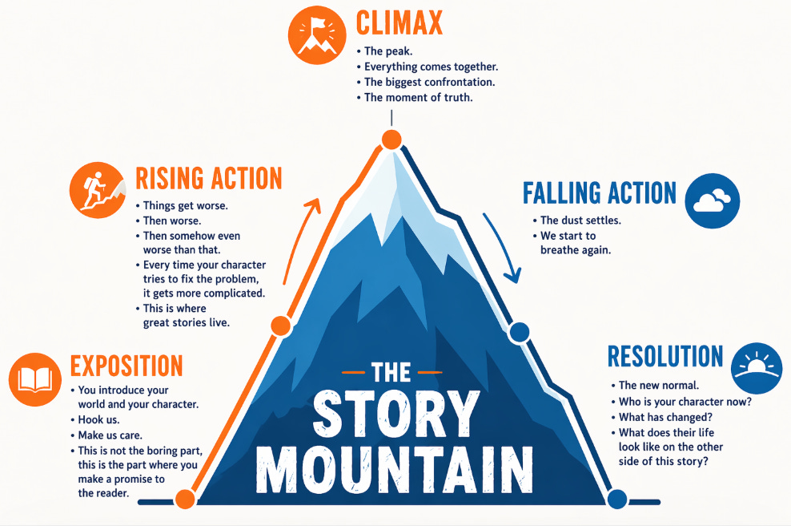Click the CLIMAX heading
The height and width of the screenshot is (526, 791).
(x=400, y=24)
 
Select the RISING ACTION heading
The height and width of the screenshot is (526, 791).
(x=208, y=178)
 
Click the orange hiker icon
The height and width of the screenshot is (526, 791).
(x=97, y=190)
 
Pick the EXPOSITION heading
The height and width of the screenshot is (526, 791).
(x=126, y=366)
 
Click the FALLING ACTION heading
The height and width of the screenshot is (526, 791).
(x=599, y=193)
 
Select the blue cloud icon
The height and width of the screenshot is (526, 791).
(x=713, y=200)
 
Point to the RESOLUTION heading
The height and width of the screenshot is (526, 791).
(x=665, y=357)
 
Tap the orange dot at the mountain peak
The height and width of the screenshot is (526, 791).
(x=391, y=140)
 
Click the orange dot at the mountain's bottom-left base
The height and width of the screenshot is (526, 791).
(x=184, y=499)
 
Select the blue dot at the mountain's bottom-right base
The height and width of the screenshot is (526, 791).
(x=616, y=499)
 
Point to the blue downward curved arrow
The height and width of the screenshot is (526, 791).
(x=502, y=249)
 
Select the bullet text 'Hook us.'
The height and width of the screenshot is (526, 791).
(x=102, y=419)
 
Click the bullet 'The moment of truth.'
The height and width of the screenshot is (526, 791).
(x=418, y=98)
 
